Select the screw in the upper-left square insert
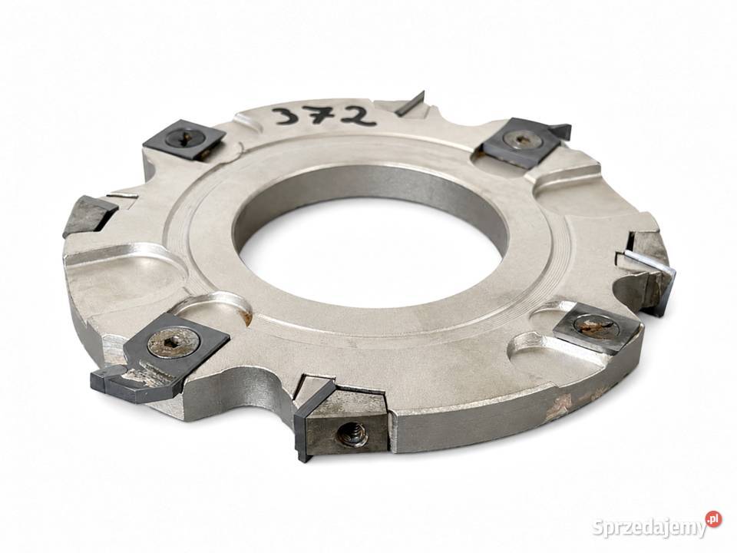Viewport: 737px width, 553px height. pos(183,137)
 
